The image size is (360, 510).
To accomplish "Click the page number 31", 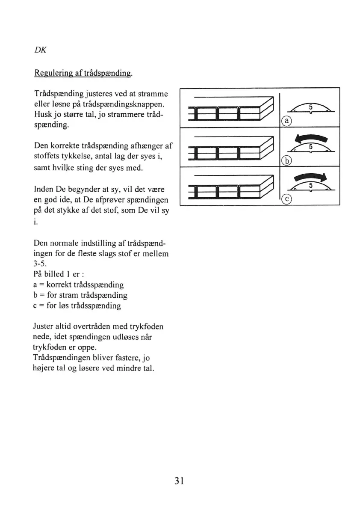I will pyautogui.click(x=179, y=480).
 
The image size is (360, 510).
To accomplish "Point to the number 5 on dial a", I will pyautogui.click(x=311, y=106).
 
